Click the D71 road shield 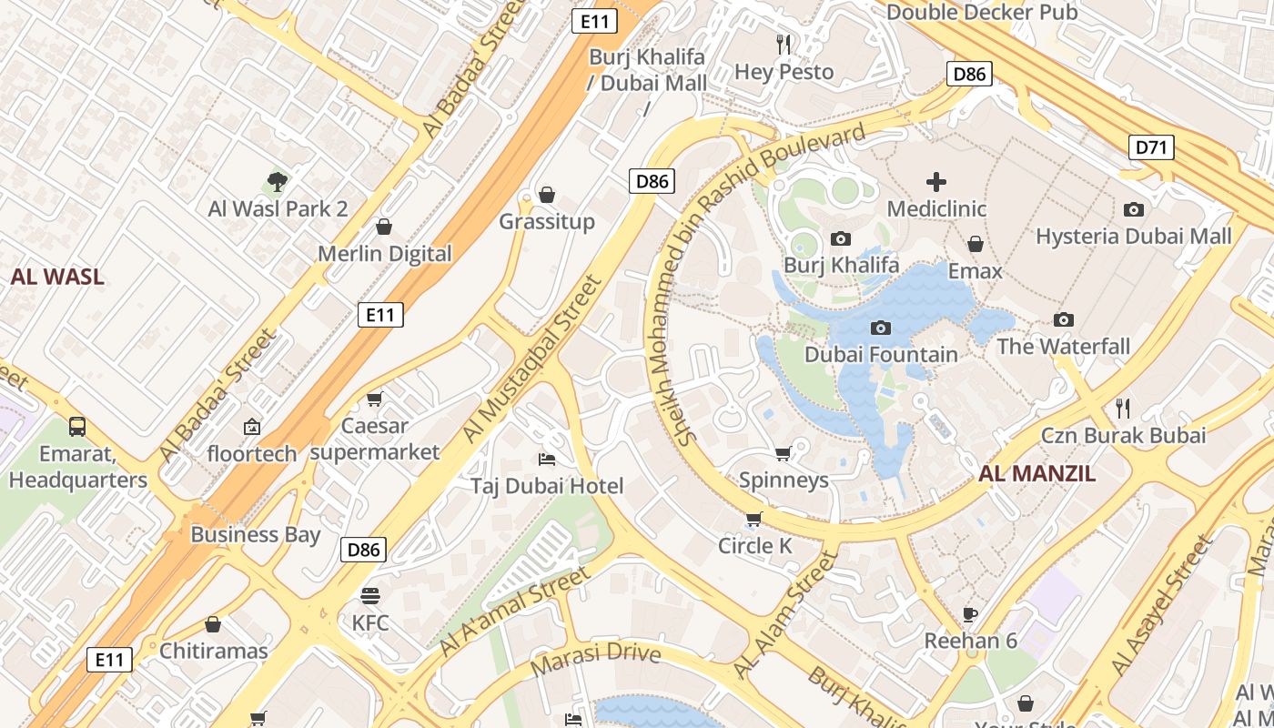click(1152, 147)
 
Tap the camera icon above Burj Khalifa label click(841, 238)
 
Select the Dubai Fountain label click(881, 354)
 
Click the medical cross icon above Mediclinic click(936, 182)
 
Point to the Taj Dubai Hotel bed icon click(547, 459)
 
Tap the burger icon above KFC click(370, 596)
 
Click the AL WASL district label click(57, 278)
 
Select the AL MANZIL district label click(1037, 473)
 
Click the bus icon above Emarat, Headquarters click(77, 426)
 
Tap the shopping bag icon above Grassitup click(547, 195)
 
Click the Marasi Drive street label click(595, 658)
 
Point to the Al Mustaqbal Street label click(533, 360)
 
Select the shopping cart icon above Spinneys click(784, 452)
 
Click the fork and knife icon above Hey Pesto click(784, 44)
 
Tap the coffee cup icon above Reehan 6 click(970, 613)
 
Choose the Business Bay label click(255, 534)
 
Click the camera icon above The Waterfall click(1063, 319)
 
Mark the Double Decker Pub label click(982, 12)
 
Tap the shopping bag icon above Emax click(975, 244)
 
